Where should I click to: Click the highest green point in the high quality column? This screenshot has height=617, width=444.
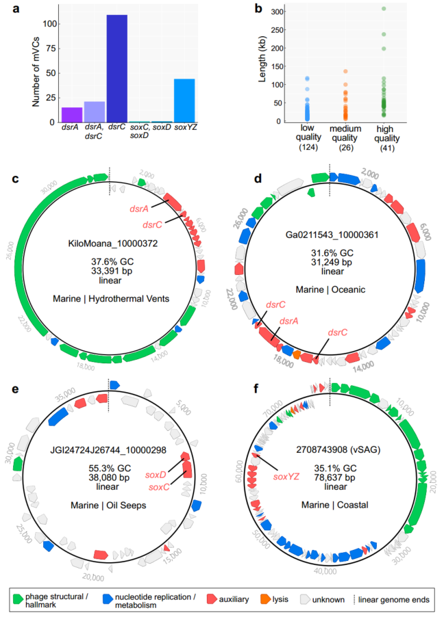[x=384, y=9]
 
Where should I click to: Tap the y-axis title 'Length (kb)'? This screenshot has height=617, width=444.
[x=263, y=65]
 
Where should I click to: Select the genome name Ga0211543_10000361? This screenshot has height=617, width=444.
[x=330, y=233]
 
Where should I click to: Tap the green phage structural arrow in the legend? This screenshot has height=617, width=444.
[x=18, y=599]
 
